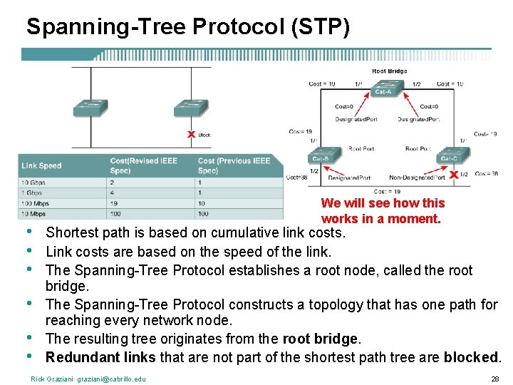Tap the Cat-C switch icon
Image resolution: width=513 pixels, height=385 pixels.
pyautogui.click(x=449, y=157)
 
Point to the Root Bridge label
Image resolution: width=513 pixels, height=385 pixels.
pyautogui.click(x=390, y=71)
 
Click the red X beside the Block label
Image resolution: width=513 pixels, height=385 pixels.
pyautogui.click(x=190, y=134)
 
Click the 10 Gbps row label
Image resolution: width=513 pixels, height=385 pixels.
pyautogui.click(x=33, y=183)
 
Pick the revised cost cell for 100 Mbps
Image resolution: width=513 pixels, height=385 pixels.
pyautogui.click(x=115, y=203)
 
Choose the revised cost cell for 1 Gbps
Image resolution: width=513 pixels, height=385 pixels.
pyautogui.click(x=113, y=192)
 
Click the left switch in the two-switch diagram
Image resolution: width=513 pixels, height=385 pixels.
pyautogui.click(x=90, y=107)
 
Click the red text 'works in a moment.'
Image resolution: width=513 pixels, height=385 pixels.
pyautogui.click(x=381, y=219)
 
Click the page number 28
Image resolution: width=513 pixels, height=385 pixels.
pyautogui.click(x=494, y=379)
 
